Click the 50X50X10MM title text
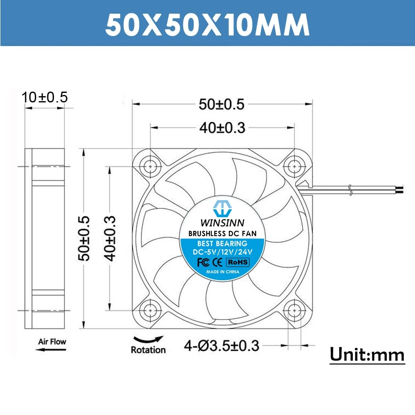[207, 24]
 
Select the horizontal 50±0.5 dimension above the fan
[222, 104]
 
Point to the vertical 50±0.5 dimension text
[85, 238]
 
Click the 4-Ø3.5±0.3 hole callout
[221, 345]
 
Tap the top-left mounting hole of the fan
[150, 167]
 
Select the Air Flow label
[52, 342]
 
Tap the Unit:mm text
[367, 355]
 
